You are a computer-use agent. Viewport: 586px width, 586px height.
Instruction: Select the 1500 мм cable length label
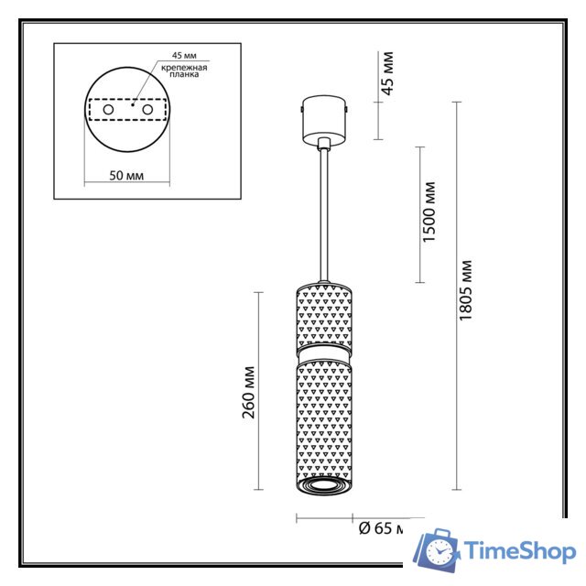pos(429,213)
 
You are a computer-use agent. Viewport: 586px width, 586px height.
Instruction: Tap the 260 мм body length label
pos(248,391)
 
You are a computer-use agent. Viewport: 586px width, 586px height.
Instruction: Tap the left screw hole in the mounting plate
pos(108,110)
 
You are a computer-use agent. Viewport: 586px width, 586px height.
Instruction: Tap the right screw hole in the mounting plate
pos(145,110)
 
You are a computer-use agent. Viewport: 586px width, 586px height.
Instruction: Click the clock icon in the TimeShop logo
pos(440,550)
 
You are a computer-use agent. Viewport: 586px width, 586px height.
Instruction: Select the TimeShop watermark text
pos(519,551)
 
